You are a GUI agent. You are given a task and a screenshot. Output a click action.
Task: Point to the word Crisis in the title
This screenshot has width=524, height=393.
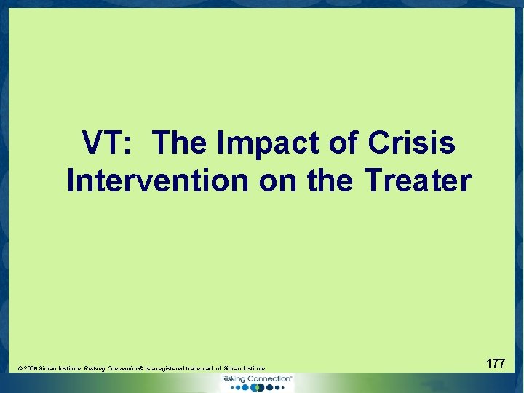(x=412, y=143)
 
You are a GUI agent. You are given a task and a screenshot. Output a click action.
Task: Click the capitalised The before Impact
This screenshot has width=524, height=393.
(x=181, y=143)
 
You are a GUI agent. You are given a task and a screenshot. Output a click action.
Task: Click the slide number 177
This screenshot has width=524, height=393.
(x=495, y=362)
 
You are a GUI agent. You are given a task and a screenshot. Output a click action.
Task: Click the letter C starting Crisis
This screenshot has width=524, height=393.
(x=381, y=143)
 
